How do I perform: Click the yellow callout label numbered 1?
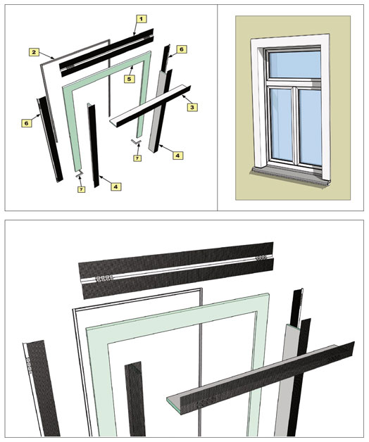pos(142,19)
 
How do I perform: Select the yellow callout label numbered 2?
pos(34,52)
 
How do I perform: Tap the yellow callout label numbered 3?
pos(192,107)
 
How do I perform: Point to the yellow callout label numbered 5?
pos(129,79)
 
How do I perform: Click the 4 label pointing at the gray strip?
pos(177,155)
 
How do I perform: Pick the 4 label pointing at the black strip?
pos(116,187)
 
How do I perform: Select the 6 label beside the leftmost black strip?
pos(26,123)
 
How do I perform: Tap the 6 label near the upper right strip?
pos(182,49)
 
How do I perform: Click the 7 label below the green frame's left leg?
pos(81,189)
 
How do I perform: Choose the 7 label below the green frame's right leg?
pos(137,158)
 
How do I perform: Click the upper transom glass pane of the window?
pos(295,65)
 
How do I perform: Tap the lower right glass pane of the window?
pos(310,127)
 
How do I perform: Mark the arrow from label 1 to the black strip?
pos(137,28)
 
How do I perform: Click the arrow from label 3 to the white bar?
pos(185,99)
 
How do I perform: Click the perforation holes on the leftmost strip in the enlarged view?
pos(28,365)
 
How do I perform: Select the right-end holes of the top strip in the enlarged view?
pos(261,258)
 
